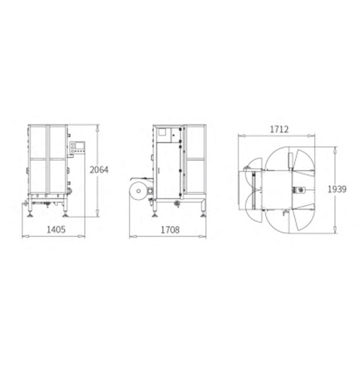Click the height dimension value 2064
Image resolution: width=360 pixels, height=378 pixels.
click(x=98, y=169)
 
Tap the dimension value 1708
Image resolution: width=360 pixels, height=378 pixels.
click(x=170, y=229)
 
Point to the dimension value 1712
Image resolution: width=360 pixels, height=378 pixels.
click(x=279, y=129)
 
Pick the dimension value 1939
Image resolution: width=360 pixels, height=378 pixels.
click(x=336, y=189)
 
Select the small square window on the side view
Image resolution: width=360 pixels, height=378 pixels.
click(x=164, y=132)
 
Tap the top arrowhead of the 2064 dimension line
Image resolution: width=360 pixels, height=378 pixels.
click(x=97, y=126)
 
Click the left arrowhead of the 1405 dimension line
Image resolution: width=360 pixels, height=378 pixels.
click(x=23, y=236)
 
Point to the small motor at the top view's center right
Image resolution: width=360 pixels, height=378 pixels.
click(x=297, y=190)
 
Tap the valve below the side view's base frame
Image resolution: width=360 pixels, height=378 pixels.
click(x=177, y=203)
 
